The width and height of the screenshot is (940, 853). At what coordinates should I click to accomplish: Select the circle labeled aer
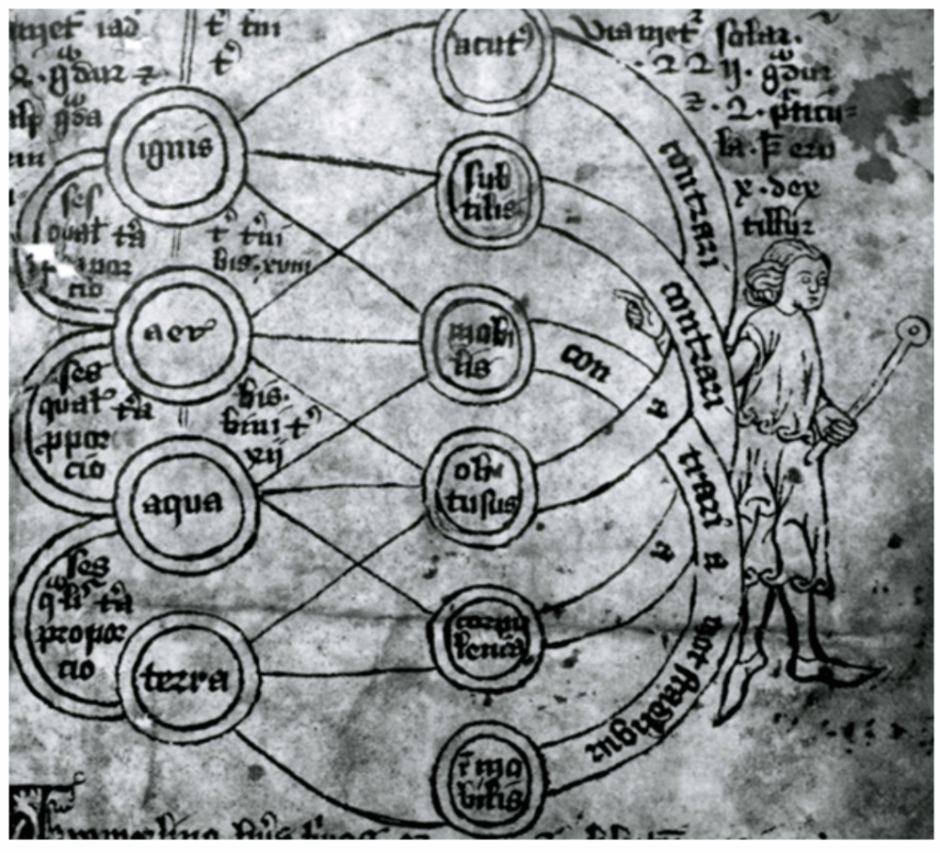pos(181,336)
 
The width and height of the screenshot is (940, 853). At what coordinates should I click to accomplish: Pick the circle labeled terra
pos(188,678)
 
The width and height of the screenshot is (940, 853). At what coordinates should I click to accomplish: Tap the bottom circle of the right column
pos(487,780)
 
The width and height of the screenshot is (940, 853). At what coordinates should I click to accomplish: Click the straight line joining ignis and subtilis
pos(340,163)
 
